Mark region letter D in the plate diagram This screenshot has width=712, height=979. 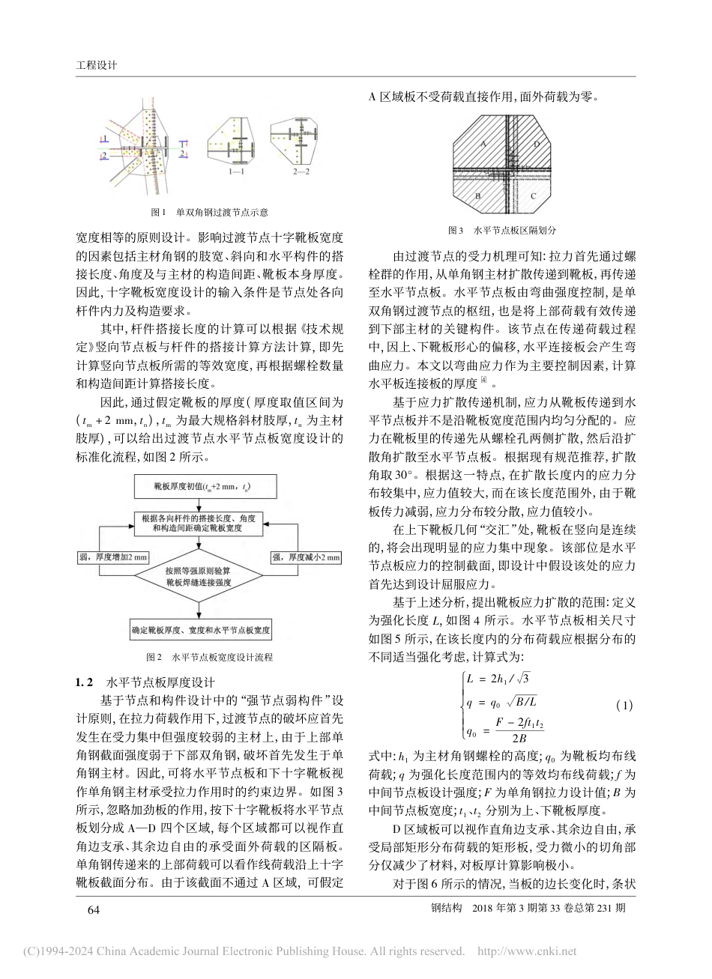pyautogui.click(x=535, y=142)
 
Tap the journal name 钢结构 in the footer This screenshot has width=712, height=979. pyautogui.click(x=445, y=909)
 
